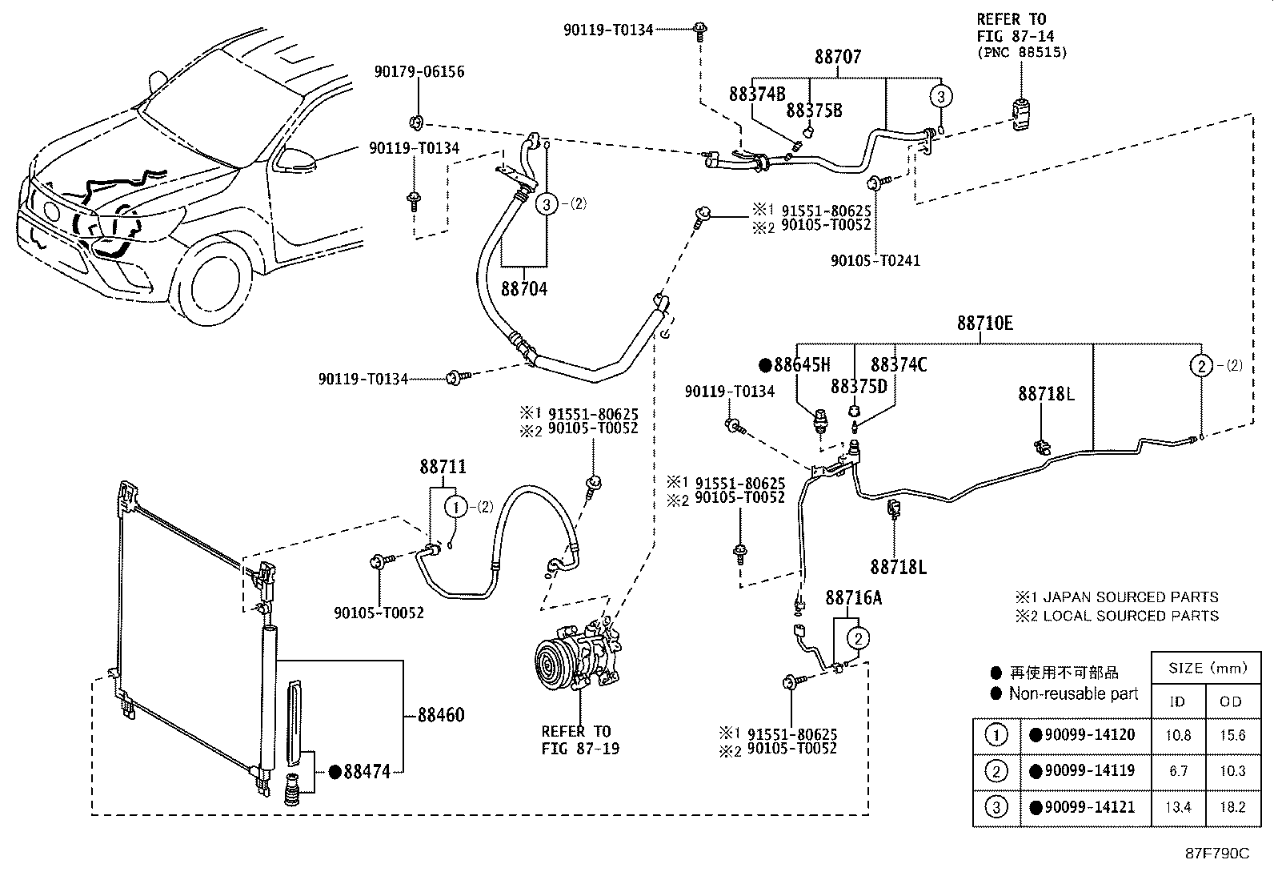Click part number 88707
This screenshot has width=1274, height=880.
click(x=838, y=58)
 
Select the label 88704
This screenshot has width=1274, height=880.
click(x=524, y=289)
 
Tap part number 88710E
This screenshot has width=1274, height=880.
click(x=984, y=323)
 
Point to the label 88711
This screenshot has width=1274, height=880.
click(x=443, y=467)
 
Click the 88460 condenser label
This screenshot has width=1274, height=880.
click(x=440, y=715)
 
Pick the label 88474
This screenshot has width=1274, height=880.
click(x=367, y=772)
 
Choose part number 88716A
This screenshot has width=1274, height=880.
click(x=854, y=598)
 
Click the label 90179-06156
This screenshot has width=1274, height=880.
click(x=419, y=72)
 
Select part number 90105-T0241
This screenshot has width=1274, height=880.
click(x=875, y=260)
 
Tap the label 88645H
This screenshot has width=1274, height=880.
click(x=801, y=365)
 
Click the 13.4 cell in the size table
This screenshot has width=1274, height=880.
click(x=1178, y=807)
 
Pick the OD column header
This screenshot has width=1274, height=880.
click(x=1231, y=702)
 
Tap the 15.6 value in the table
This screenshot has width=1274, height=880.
click(x=1231, y=735)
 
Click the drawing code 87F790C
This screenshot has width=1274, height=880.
click(x=1217, y=854)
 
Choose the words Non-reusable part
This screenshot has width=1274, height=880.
click(x=1072, y=694)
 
